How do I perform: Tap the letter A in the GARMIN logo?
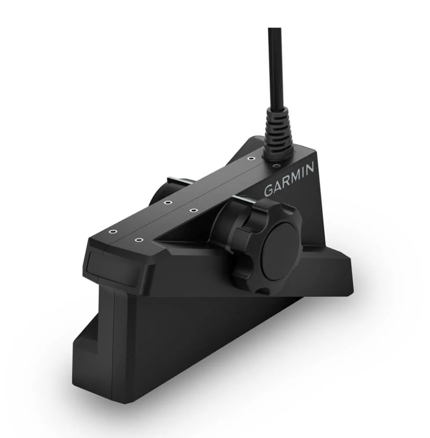281,185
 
